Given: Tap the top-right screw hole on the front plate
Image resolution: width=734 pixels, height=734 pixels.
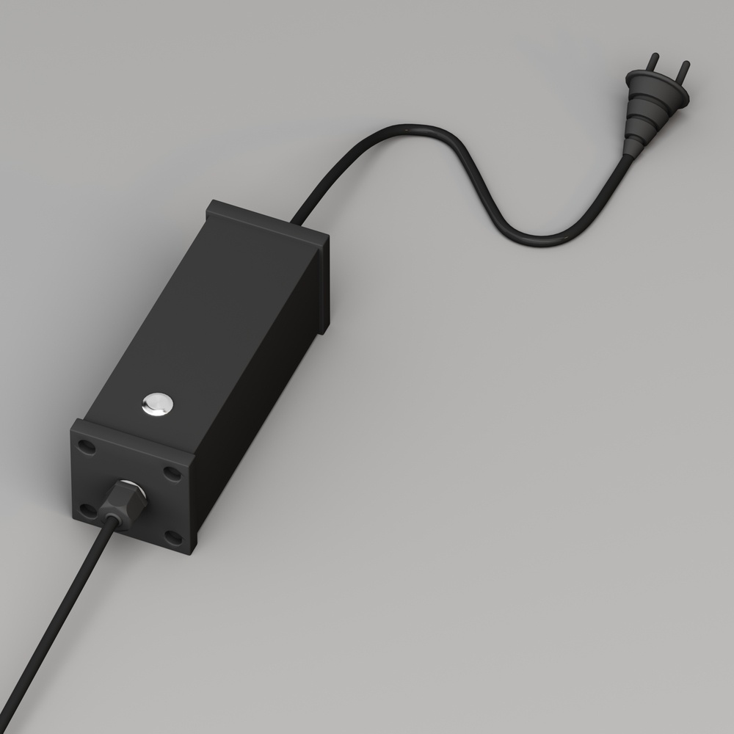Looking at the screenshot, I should tap(171, 473).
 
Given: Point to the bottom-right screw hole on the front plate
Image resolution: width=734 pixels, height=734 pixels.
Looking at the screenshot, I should tap(172, 538).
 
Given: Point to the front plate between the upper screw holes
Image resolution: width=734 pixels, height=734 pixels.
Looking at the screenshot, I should tap(129, 455).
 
